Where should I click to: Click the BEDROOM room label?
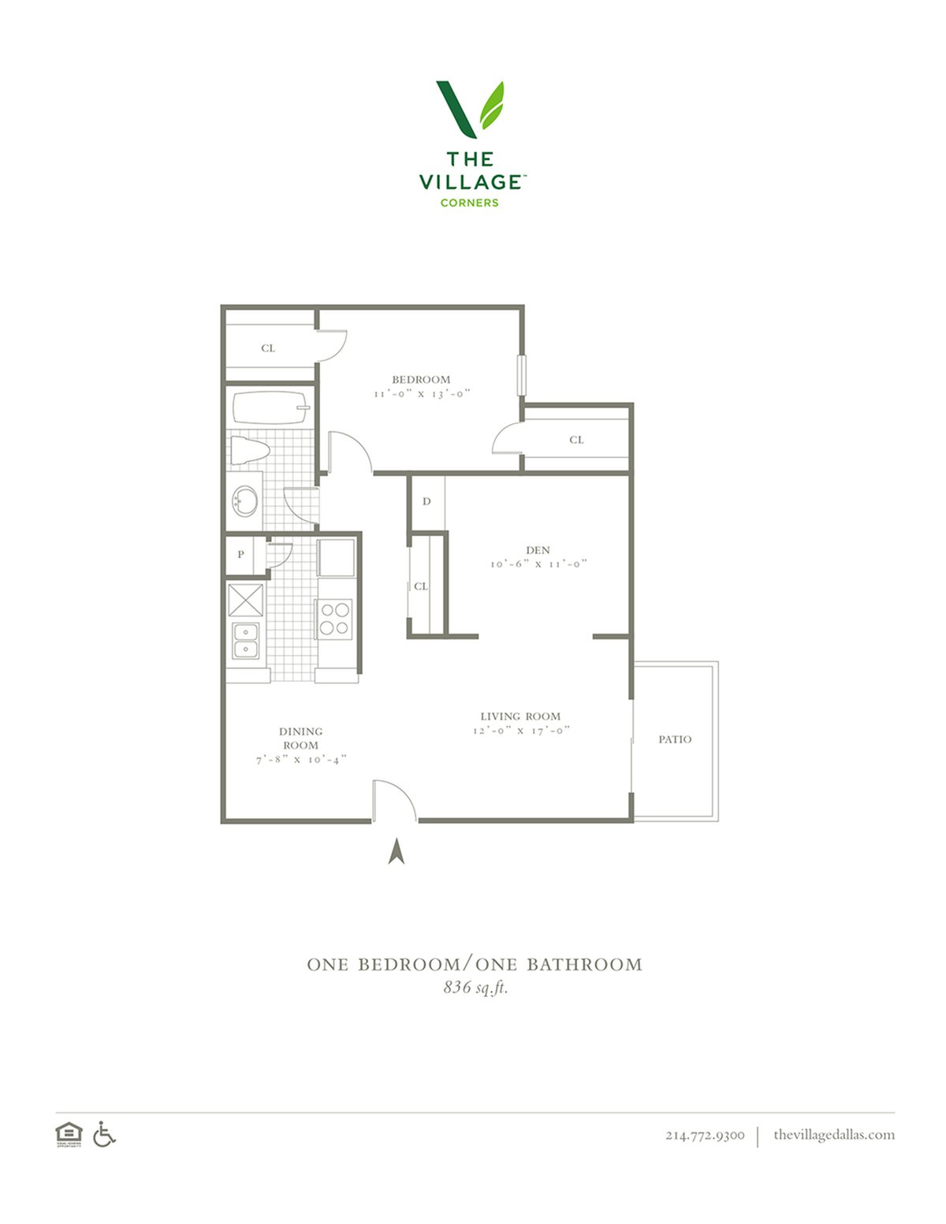[x=421, y=380]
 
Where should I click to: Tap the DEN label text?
[x=538, y=550]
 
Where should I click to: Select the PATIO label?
[x=675, y=739]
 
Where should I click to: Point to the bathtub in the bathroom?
[x=270, y=408]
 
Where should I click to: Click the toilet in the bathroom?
[x=250, y=450]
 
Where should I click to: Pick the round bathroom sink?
[x=245, y=500]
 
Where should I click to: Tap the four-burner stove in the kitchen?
[x=334, y=619]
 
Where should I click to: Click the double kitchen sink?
[x=246, y=641]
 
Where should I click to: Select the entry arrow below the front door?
[x=397, y=850]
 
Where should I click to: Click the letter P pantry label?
[x=240, y=554]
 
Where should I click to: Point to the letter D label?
[x=426, y=501]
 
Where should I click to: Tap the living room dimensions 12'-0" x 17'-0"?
[x=521, y=731]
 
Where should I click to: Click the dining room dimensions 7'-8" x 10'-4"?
[x=301, y=760]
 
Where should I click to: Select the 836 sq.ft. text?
[x=475, y=987]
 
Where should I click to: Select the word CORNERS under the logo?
[x=469, y=203]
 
